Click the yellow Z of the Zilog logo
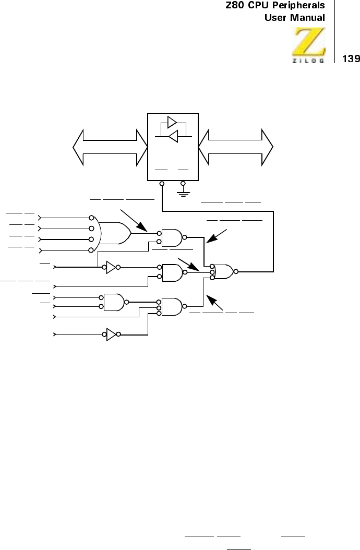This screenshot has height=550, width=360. coord(308,41)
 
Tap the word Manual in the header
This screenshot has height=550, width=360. coord(306,18)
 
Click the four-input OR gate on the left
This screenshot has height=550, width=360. coord(116,233)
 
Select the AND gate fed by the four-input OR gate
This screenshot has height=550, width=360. coord(172,238)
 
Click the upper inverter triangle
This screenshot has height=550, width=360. coord(111,268)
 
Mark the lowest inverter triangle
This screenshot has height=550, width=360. coord(111,334)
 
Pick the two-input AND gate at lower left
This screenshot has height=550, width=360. coord(114,302)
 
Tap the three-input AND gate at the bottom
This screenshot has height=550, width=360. coord(172,307)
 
